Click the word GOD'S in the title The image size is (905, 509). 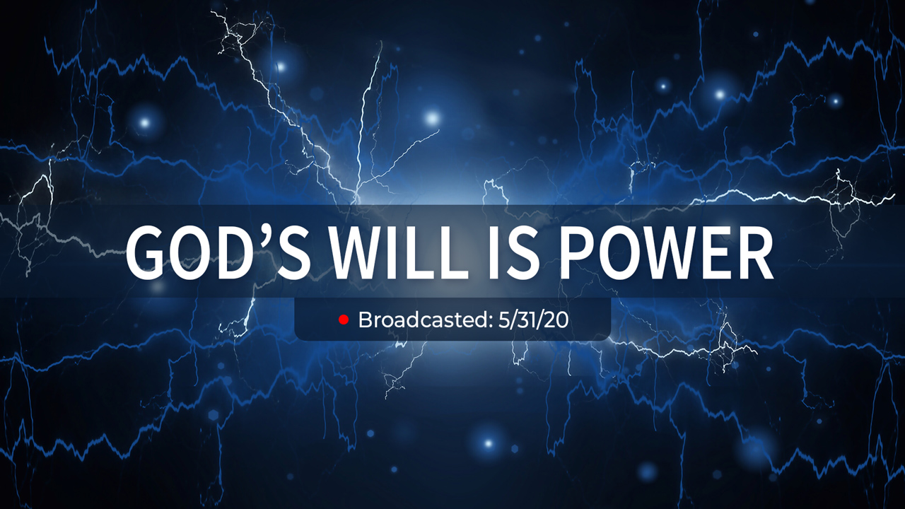[x=218, y=252]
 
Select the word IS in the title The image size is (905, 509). [x=514, y=252]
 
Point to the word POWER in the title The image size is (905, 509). [x=667, y=252]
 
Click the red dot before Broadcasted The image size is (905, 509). [x=344, y=320]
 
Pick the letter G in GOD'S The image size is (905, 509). [x=146, y=252]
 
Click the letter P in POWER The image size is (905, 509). [x=579, y=252]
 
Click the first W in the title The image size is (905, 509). [x=363, y=252]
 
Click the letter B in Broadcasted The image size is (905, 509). [x=366, y=320]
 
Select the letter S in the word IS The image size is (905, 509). [x=522, y=252]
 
